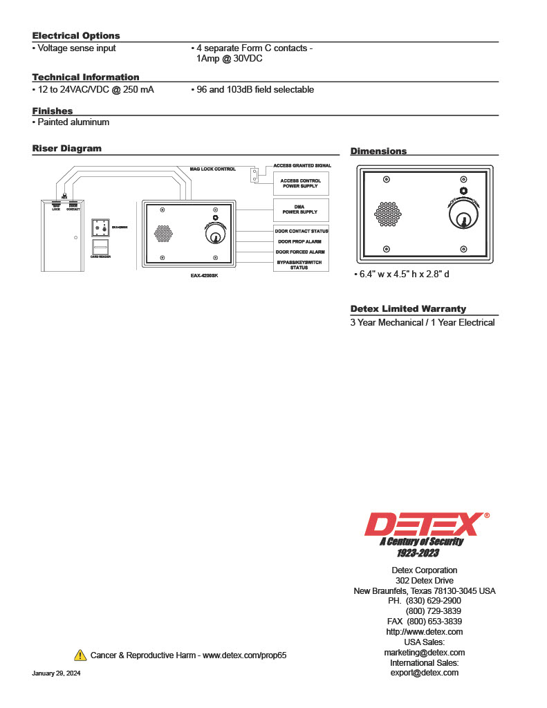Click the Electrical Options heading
76,36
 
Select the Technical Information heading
86,77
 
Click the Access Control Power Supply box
301,183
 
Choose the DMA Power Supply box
301,209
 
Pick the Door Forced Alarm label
301,252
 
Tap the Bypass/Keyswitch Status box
301,265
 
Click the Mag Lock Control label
213,169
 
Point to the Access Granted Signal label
302,166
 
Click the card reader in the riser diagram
100,247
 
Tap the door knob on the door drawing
75,237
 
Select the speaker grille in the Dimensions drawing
388,214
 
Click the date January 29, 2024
56,673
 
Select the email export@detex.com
424,673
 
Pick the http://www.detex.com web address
424,632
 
